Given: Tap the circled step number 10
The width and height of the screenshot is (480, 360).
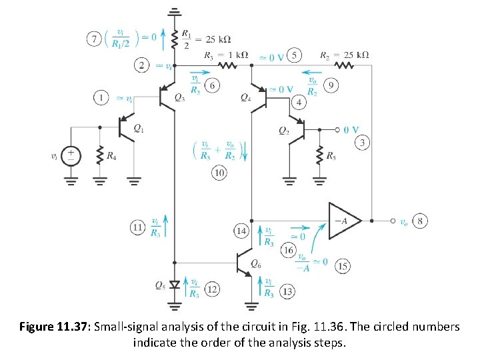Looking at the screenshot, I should pyautogui.click(x=219, y=173).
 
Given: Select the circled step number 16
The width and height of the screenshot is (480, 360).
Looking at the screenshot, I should pyautogui.click(x=288, y=250).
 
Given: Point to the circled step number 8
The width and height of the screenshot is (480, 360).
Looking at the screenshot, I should pyautogui.click(x=421, y=219).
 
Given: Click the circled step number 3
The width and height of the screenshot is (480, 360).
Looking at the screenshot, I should pyautogui.click(x=362, y=143).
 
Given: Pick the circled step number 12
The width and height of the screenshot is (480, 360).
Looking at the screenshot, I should pyautogui.click(x=212, y=289).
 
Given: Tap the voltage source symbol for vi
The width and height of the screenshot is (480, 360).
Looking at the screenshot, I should pyautogui.click(x=71, y=157).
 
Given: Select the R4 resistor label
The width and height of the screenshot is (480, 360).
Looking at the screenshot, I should pyautogui.click(x=111, y=157).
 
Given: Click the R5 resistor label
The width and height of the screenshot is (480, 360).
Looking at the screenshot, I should pyautogui.click(x=330, y=157).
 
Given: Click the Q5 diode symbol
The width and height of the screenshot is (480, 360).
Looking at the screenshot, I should pyautogui.click(x=175, y=285).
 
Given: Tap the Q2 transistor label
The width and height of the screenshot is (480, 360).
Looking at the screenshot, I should pyautogui.click(x=284, y=129).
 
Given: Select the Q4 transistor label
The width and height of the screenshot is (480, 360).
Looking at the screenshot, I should pyautogui.click(x=245, y=97).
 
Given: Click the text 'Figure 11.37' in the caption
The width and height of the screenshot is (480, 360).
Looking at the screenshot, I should pyautogui.click(x=54, y=327).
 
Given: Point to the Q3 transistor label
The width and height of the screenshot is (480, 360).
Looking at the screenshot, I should pyautogui.click(x=179, y=98).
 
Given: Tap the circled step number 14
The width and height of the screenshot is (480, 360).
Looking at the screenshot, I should pyautogui.click(x=241, y=231).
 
